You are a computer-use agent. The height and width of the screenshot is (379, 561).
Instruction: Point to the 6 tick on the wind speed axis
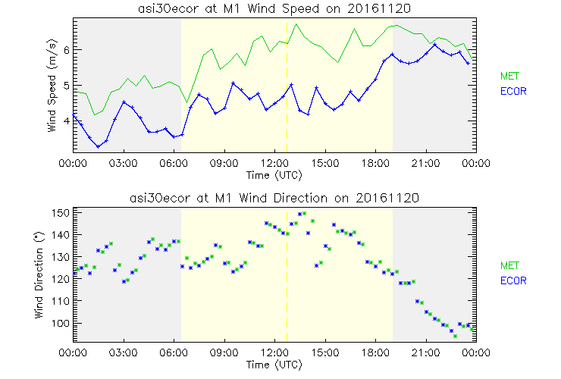coord(66,49)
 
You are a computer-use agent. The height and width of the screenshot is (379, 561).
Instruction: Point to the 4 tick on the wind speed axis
coord(66,120)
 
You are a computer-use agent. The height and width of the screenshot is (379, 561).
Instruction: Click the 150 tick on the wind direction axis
coord(60,213)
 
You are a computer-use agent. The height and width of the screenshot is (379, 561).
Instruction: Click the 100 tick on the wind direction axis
coord(60,323)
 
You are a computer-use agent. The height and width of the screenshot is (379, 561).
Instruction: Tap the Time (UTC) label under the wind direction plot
coord(274,365)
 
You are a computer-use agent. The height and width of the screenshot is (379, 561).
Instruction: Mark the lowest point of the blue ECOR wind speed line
coord(98,146)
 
